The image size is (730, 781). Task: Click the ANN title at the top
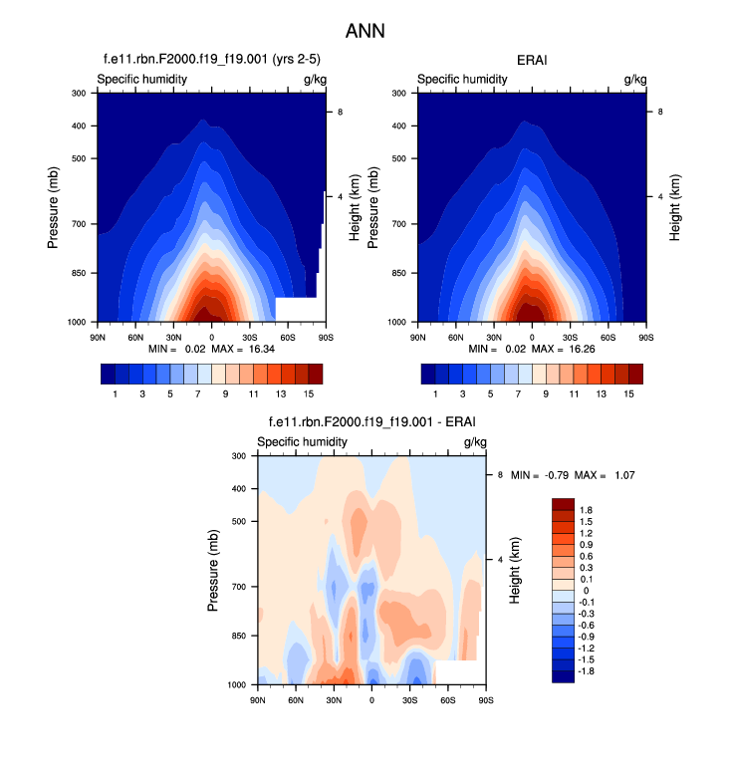point(365,32)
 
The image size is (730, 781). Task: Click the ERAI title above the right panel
point(531,61)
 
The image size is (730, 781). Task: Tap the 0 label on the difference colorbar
point(586,591)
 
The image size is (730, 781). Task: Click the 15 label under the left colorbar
point(309,394)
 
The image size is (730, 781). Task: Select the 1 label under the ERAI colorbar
point(435,394)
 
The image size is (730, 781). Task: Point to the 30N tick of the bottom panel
point(334,700)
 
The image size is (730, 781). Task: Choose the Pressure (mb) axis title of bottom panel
point(214,571)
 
